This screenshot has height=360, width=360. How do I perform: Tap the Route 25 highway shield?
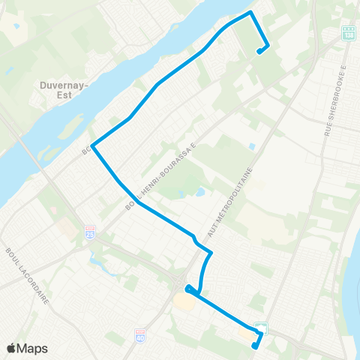90,231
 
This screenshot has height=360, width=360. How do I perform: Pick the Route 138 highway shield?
347,33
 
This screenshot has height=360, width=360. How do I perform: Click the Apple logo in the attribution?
11,348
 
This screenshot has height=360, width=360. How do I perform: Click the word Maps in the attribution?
32,348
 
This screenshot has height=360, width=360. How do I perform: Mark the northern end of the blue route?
259,52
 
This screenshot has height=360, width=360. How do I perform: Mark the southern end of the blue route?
255,346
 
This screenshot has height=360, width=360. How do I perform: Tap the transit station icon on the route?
260,328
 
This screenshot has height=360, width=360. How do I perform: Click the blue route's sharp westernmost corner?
91,146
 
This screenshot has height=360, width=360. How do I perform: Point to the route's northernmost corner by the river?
250,13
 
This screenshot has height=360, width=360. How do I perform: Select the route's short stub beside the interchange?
189,289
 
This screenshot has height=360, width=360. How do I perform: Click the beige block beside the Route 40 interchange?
183,300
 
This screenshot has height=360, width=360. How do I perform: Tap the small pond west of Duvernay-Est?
9,70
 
